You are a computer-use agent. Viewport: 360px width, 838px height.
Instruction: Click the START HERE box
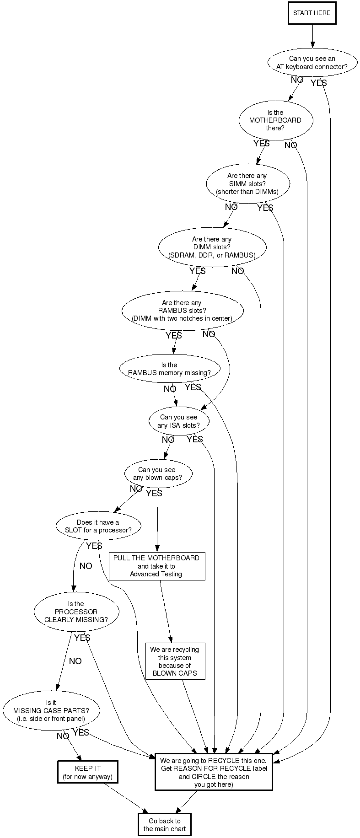312,13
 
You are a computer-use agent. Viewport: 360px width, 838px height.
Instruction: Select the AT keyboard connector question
312,63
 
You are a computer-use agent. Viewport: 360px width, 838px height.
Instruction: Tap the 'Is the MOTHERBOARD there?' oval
275,120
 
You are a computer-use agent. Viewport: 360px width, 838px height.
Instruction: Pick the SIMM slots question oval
247,183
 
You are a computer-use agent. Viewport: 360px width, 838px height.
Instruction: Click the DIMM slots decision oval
212,247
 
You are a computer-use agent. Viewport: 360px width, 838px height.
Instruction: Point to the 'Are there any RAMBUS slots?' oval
182,311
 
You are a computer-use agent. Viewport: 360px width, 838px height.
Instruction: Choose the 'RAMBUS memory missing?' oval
169,369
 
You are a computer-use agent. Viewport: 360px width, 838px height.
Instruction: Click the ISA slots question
179,421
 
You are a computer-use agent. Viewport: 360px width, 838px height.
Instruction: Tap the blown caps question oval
157,474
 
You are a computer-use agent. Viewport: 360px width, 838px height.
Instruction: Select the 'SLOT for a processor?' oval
98,526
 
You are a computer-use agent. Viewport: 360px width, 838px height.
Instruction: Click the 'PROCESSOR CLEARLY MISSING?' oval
76,612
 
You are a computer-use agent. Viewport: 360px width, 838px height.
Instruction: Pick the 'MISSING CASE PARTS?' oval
51,711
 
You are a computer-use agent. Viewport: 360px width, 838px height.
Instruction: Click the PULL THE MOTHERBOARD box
156,566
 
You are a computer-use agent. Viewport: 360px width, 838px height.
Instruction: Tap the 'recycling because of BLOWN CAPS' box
175,661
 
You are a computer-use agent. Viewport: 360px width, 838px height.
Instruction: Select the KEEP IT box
88,773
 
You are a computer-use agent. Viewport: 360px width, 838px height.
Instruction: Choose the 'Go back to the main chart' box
165,825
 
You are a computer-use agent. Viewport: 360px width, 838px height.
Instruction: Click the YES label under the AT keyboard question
319,83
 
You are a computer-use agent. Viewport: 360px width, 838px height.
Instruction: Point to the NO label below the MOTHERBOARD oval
290,145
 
